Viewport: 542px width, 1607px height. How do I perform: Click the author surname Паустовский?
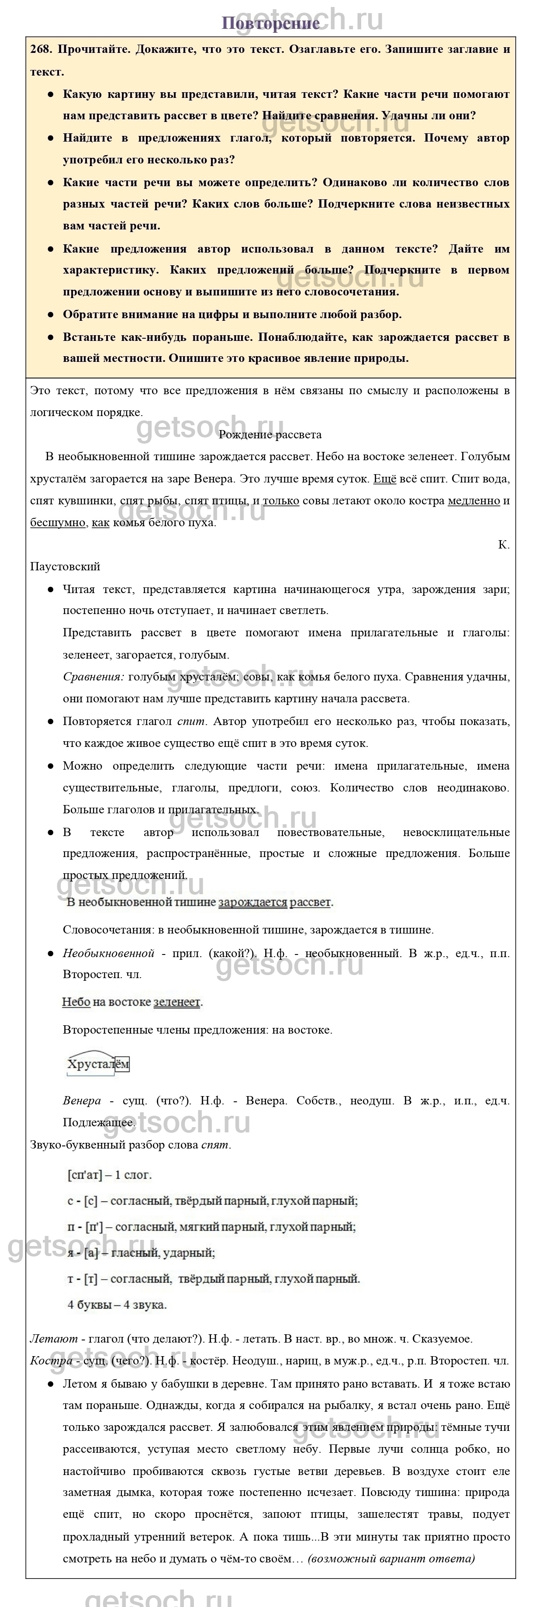(65, 566)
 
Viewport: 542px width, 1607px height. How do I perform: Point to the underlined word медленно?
(474, 500)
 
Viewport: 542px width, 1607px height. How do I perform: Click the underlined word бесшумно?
(57, 522)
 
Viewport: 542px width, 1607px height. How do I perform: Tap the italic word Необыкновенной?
(108, 953)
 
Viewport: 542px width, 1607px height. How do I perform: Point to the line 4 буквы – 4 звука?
(117, 1305)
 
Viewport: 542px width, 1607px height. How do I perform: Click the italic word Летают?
(54, 1338)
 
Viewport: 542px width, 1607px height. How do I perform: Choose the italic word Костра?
(51, 1360)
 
